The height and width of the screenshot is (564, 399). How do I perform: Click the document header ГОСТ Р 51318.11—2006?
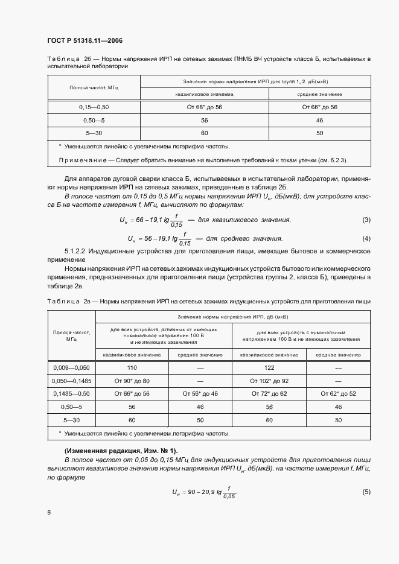(x=85, y=40)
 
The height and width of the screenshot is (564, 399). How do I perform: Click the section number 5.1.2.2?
(x=77, y=250)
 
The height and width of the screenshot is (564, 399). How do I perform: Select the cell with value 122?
(x=269, y=367)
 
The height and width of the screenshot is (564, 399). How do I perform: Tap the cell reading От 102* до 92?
(x=269, y=381)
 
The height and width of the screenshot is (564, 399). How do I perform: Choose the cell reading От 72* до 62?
(x=269, y=394)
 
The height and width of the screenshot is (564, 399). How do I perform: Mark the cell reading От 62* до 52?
(x=338, y=394)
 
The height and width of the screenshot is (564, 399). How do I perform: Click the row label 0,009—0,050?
(x=72, y=367)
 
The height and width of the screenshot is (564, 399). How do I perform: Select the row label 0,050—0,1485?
(x=72, y=381)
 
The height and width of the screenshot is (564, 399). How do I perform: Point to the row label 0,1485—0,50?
(x=72, y=394)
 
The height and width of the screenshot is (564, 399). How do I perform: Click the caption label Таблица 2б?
(x=68, y=59)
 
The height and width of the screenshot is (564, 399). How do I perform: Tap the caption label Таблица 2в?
(x=68, y=301)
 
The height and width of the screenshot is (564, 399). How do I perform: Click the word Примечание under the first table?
(x=81, y=160)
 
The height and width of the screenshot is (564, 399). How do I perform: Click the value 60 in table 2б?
(x=204, y=133)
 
